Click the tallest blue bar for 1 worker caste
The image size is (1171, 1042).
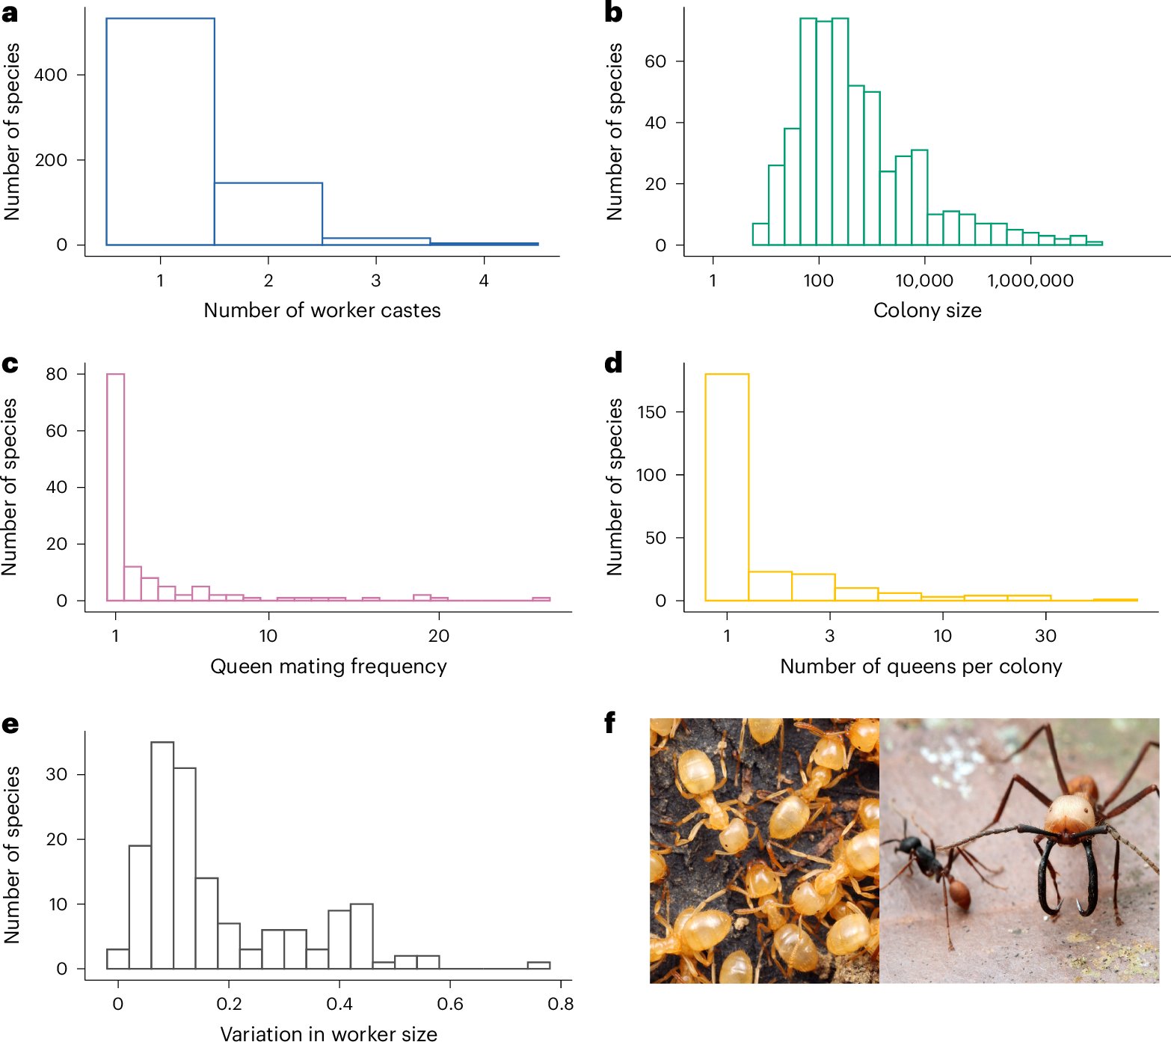click(x=160, y=132)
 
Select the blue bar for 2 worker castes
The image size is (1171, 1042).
click(x=268, y=214)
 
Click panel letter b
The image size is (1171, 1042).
click(x=613, y=13)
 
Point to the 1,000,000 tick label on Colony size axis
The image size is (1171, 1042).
click(x=1030, y=281)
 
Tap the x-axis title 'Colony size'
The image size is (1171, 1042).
click(x=927, y=310)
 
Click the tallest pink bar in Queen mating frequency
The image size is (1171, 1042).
click(x=115, y=487)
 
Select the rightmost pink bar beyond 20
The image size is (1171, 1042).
click(x=541, y=599)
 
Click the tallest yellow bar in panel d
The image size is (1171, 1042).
click(x=727, y=487)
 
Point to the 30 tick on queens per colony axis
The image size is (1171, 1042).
click(x=1045, y=636)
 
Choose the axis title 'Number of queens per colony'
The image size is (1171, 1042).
click(x=920, y=666)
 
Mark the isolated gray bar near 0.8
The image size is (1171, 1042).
click(x=538, y=965)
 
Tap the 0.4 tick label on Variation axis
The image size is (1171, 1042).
click(x=339, y=1004)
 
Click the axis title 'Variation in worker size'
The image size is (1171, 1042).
click(x=328, y=1033)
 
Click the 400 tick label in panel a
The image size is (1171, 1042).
click(x=51, y=75)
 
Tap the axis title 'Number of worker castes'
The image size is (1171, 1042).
click(x=322, y=310)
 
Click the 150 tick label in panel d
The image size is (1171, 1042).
click(x=651, y=412)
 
